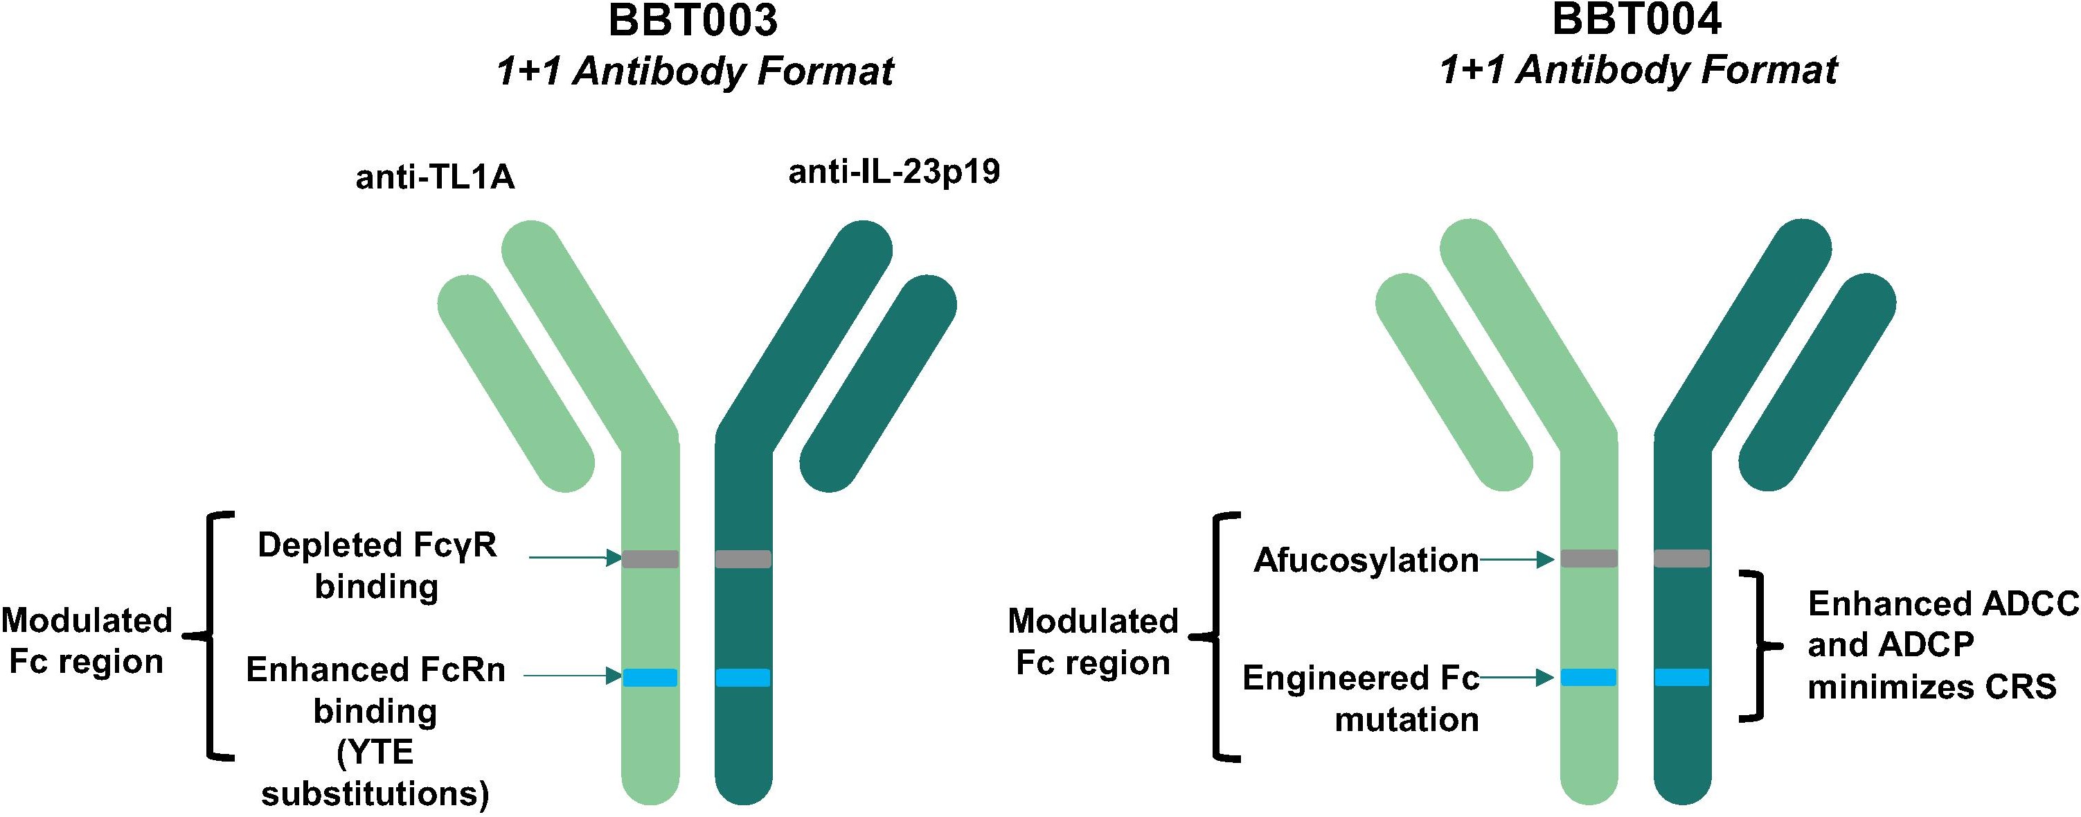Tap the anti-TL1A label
(436, 177)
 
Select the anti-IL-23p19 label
(894, 171)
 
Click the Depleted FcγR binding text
(377, 565)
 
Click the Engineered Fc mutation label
(1361, 699)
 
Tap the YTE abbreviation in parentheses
(375, 753)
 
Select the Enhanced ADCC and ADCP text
(1944, 624)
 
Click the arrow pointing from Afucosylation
(1517, 559)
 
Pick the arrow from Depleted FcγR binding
(575, 558)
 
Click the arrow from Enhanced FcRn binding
(573, 676)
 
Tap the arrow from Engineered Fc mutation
(1517, 678)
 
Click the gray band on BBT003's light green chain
(650, 559)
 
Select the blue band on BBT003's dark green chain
(743, 677)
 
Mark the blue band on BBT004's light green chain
(1588, 677)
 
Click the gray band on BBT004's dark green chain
(1682, 559)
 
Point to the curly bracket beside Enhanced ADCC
(1751, 646)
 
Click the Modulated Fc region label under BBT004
(1093, 642)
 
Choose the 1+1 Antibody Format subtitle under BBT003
(695, 71)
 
